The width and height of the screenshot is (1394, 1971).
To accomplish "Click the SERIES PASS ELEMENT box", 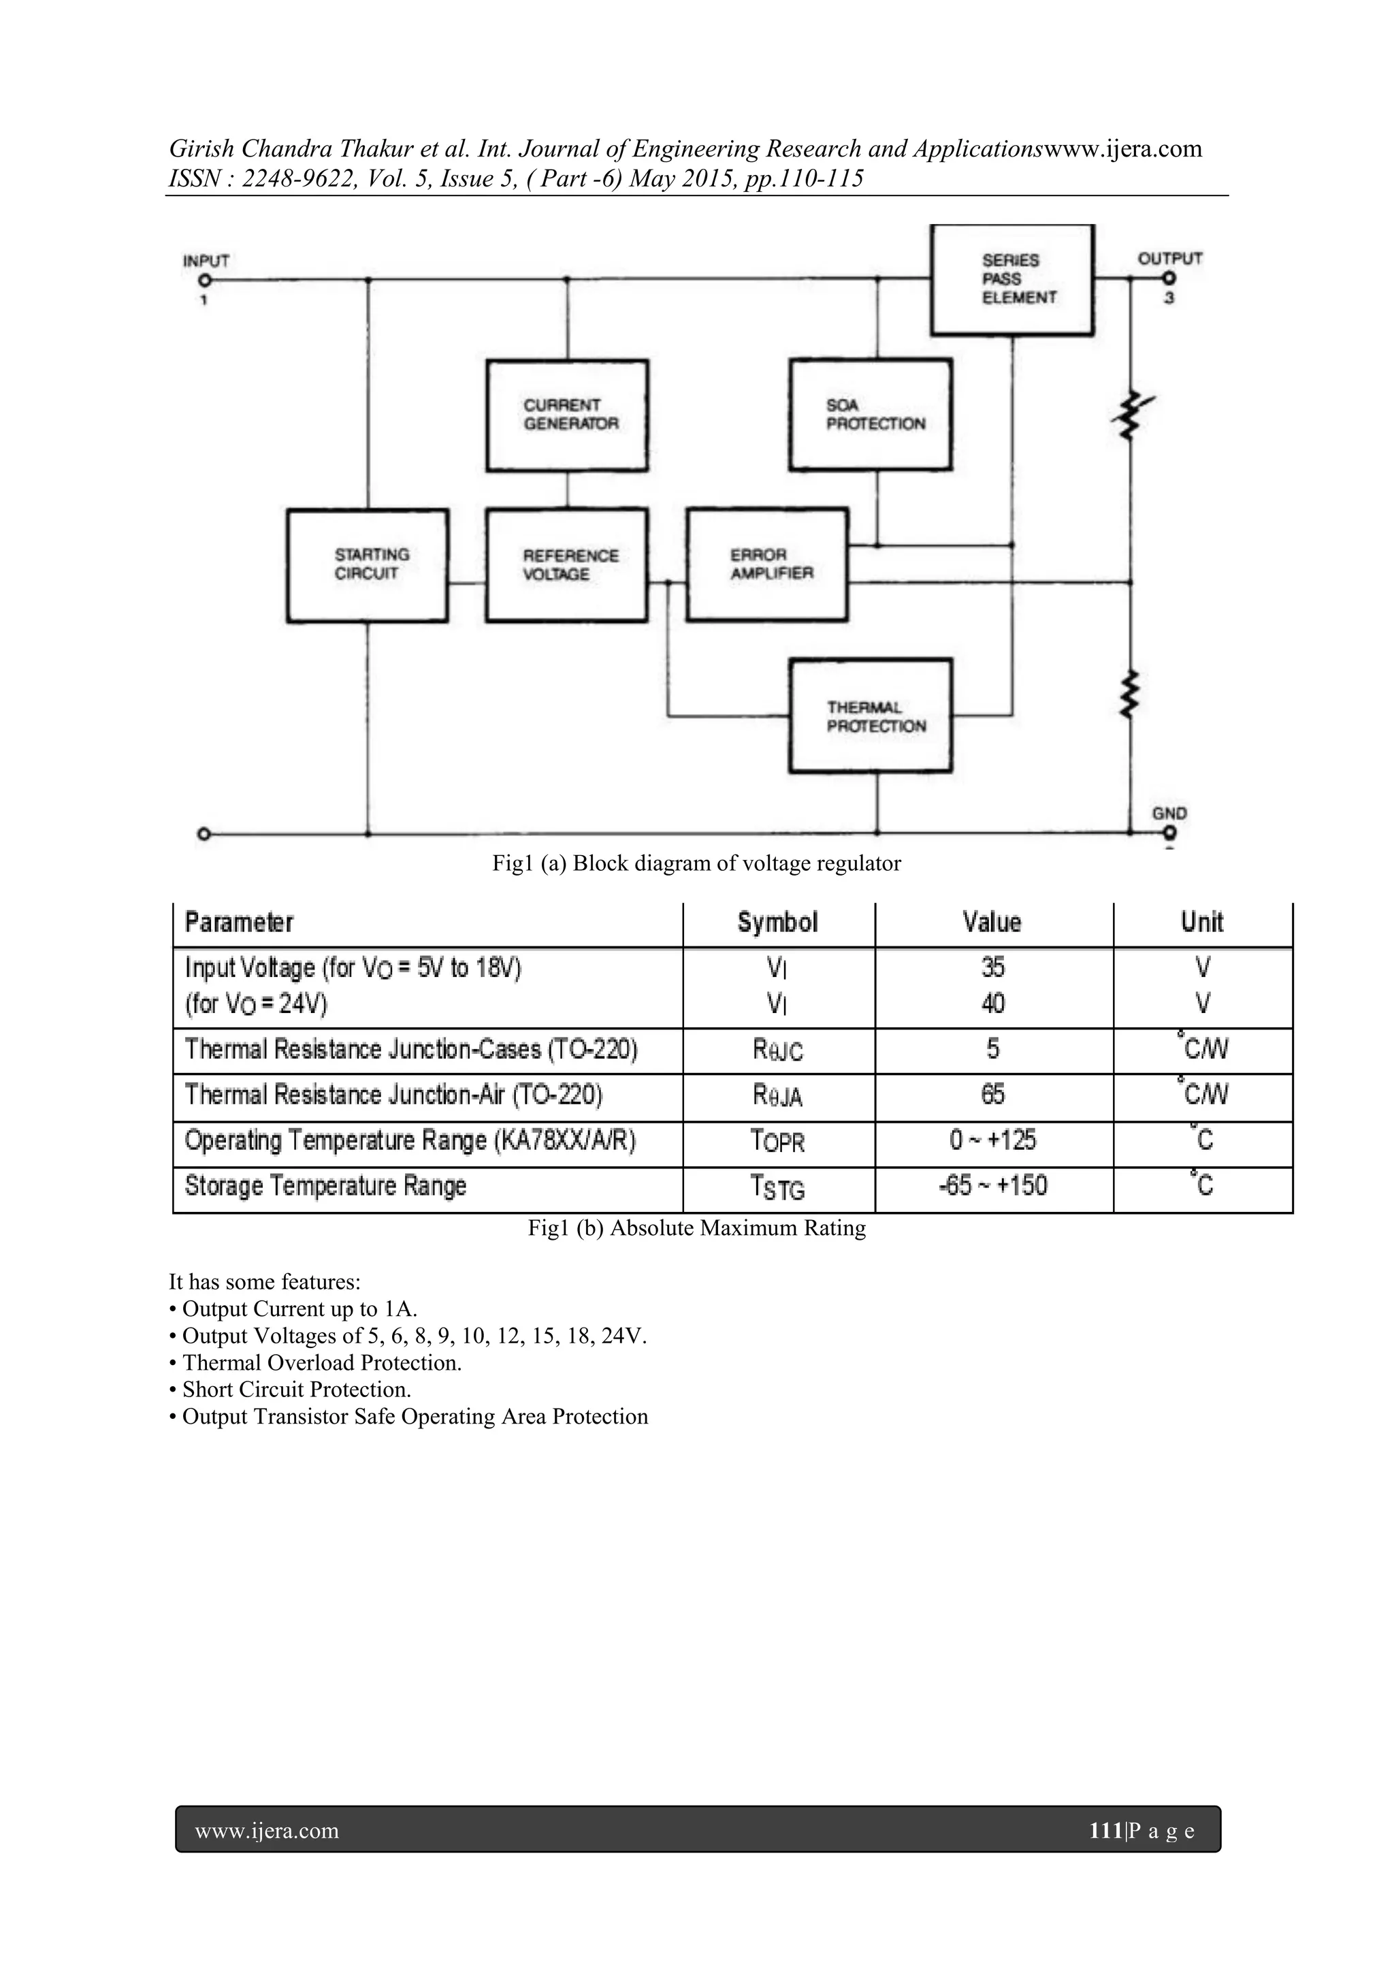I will coord(1012,279).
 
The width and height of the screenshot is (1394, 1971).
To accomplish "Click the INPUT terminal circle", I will coord(204,280).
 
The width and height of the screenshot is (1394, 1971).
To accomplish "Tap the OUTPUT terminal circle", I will coord(1169,278).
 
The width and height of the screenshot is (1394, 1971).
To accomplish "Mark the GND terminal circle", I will coord(1170,832).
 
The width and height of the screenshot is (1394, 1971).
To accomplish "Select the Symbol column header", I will coord(778,923).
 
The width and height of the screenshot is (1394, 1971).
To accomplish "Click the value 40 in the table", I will coord(992,1004).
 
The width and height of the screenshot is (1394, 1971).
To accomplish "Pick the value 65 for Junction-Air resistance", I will coord(992,1095).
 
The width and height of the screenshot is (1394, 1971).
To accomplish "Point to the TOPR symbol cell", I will coord(778,1142).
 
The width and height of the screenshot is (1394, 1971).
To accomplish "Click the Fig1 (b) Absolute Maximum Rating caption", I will coord(696,1228).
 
